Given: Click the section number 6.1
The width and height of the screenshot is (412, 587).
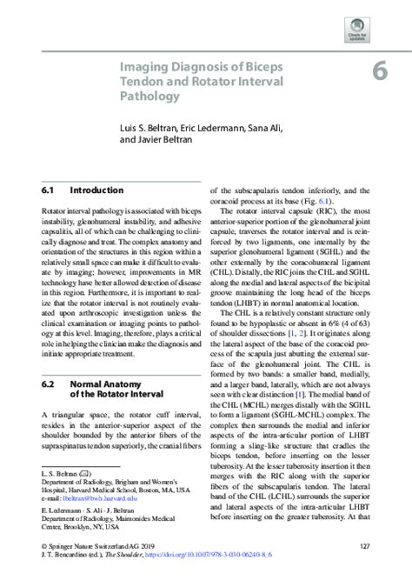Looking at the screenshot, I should pyautogui.click(x=48, y=189).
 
